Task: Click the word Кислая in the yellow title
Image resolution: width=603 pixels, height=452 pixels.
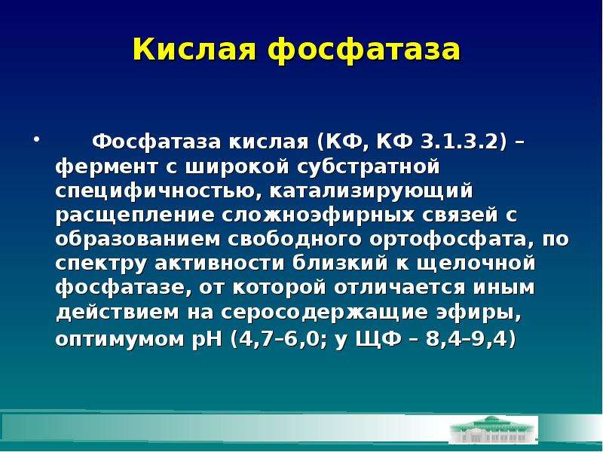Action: tap(194, 50)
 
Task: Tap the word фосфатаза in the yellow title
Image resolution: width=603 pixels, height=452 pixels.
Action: tap(363, 49)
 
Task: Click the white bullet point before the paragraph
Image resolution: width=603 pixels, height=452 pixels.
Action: tap(36, 139)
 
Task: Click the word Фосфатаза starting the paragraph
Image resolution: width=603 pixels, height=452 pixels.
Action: tap(157, 142)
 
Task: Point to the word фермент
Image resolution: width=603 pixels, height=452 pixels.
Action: tap(106, 166)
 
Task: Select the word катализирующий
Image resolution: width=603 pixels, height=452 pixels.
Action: tap(371, 191)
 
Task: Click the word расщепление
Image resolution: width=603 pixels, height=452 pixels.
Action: tap(135, 215)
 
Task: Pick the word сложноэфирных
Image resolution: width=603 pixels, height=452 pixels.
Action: tap(317, 215)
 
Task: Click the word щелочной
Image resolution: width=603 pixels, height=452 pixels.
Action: tap(476, 264)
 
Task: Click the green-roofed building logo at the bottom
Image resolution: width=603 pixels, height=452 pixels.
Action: tap(494, 429)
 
